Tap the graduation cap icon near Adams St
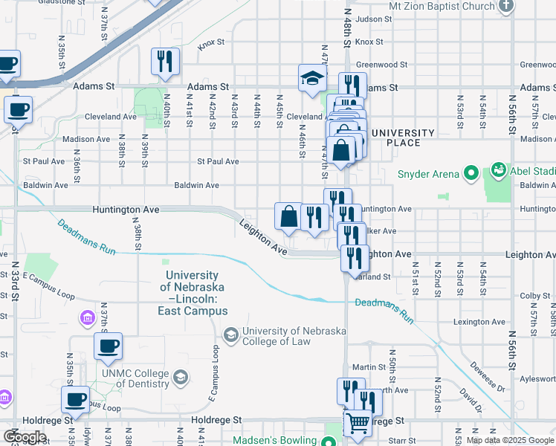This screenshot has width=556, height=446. click(x=312, y=78)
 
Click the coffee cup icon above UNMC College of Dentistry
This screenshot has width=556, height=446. click(x=108, y=346)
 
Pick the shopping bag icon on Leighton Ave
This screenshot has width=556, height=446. click(x=288, y=216)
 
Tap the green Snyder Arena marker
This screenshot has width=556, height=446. click(x=470, y=174)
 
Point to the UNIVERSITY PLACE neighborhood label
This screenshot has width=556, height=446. click(x=403, y=138)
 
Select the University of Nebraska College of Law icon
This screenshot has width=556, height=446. click(x=230, y=335)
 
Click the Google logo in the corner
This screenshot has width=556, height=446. click(x=25, y=436)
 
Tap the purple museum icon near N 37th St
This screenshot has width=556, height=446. click(x=88, y=318)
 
